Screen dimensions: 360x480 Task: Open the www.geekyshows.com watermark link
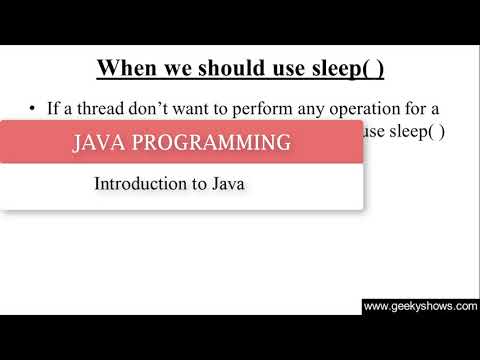[420, 307]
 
